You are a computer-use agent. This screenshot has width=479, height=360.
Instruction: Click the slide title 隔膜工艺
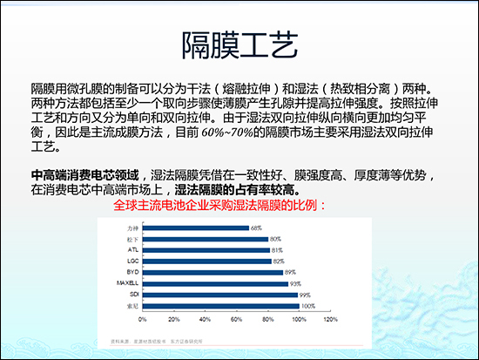(239, 43)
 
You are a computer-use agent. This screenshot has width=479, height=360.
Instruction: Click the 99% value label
(306, 295)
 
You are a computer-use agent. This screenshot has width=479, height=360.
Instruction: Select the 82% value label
(279, 261)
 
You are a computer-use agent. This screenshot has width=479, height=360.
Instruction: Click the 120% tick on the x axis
(331, 320)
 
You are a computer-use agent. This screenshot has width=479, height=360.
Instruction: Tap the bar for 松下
(201, 239)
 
